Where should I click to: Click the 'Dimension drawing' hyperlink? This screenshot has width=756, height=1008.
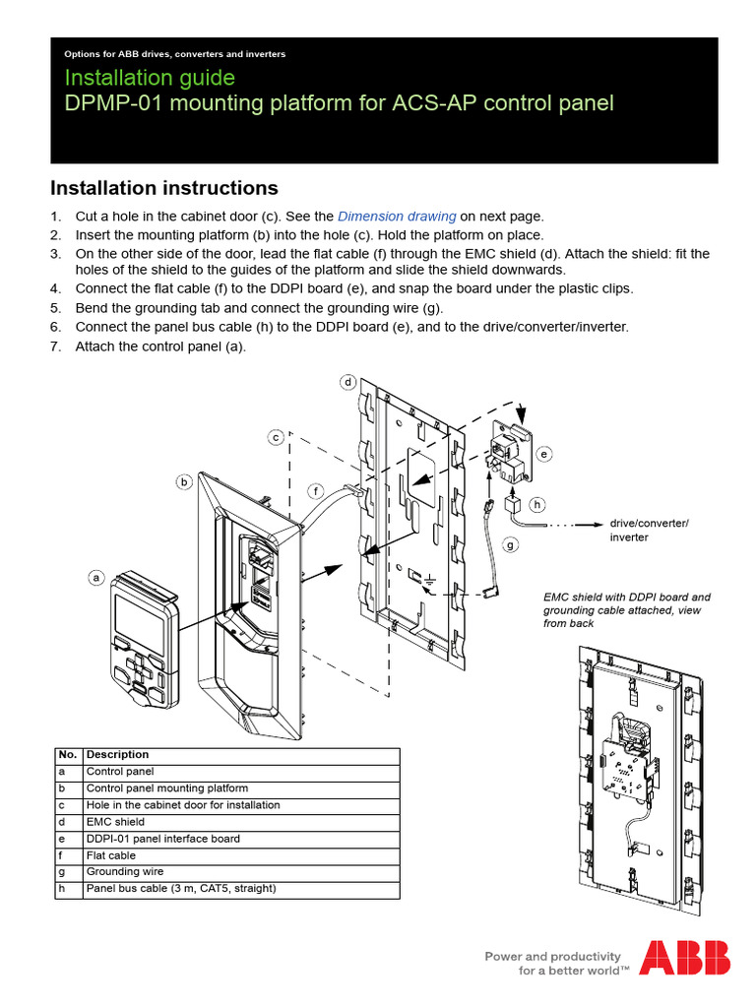click(397, 216)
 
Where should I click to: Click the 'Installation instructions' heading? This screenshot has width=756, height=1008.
click(163, 188)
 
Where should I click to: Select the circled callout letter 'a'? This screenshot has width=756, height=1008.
click(96, 578)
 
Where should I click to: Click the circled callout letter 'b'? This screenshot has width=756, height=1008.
click(184, 481)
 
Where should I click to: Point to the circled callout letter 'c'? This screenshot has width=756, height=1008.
click(277, 436)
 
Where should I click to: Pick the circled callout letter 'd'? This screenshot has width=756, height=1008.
click(347, 381)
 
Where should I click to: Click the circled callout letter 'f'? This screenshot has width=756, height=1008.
click(315, 489)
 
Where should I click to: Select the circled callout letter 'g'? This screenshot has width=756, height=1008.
click(510, 543)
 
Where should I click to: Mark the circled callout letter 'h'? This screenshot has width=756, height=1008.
click(537, 505)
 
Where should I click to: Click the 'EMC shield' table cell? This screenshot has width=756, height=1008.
click(115, 822)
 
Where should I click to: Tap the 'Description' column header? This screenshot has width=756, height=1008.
click(118, 755)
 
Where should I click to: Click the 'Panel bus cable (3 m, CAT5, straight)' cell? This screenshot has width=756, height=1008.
click(181, 889)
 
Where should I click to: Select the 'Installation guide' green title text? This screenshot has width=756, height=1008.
click(150, 77)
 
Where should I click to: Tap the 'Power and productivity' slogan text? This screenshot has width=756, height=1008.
click(551, 956)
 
